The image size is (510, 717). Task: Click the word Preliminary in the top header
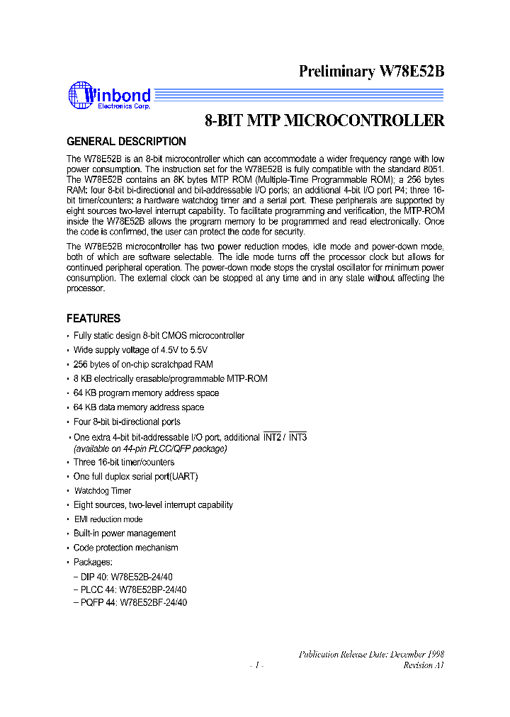point(336,71)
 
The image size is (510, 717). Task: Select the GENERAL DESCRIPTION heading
point(126,141)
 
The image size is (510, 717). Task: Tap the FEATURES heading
point(93,318)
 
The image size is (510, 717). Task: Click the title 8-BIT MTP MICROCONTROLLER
point(324,120)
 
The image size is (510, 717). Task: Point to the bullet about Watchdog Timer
point(103,490)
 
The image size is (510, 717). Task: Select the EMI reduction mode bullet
point(108,519)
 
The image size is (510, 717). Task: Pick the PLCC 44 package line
point(130,589)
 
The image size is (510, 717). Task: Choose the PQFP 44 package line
point(130,602)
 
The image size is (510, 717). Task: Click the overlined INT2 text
point(272,437)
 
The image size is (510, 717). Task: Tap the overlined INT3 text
point(297,437)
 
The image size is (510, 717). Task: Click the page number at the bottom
point(257,665)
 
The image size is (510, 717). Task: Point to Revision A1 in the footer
point(424,665)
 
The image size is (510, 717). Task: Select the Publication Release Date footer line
point(371,654)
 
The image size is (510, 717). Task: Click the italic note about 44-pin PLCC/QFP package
point(151,448)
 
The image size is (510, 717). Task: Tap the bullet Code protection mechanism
point(125,548)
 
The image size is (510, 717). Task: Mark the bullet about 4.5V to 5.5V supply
point(140,350)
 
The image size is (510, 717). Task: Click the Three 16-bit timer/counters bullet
point(124,462)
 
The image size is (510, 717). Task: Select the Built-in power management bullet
point(125,533)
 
